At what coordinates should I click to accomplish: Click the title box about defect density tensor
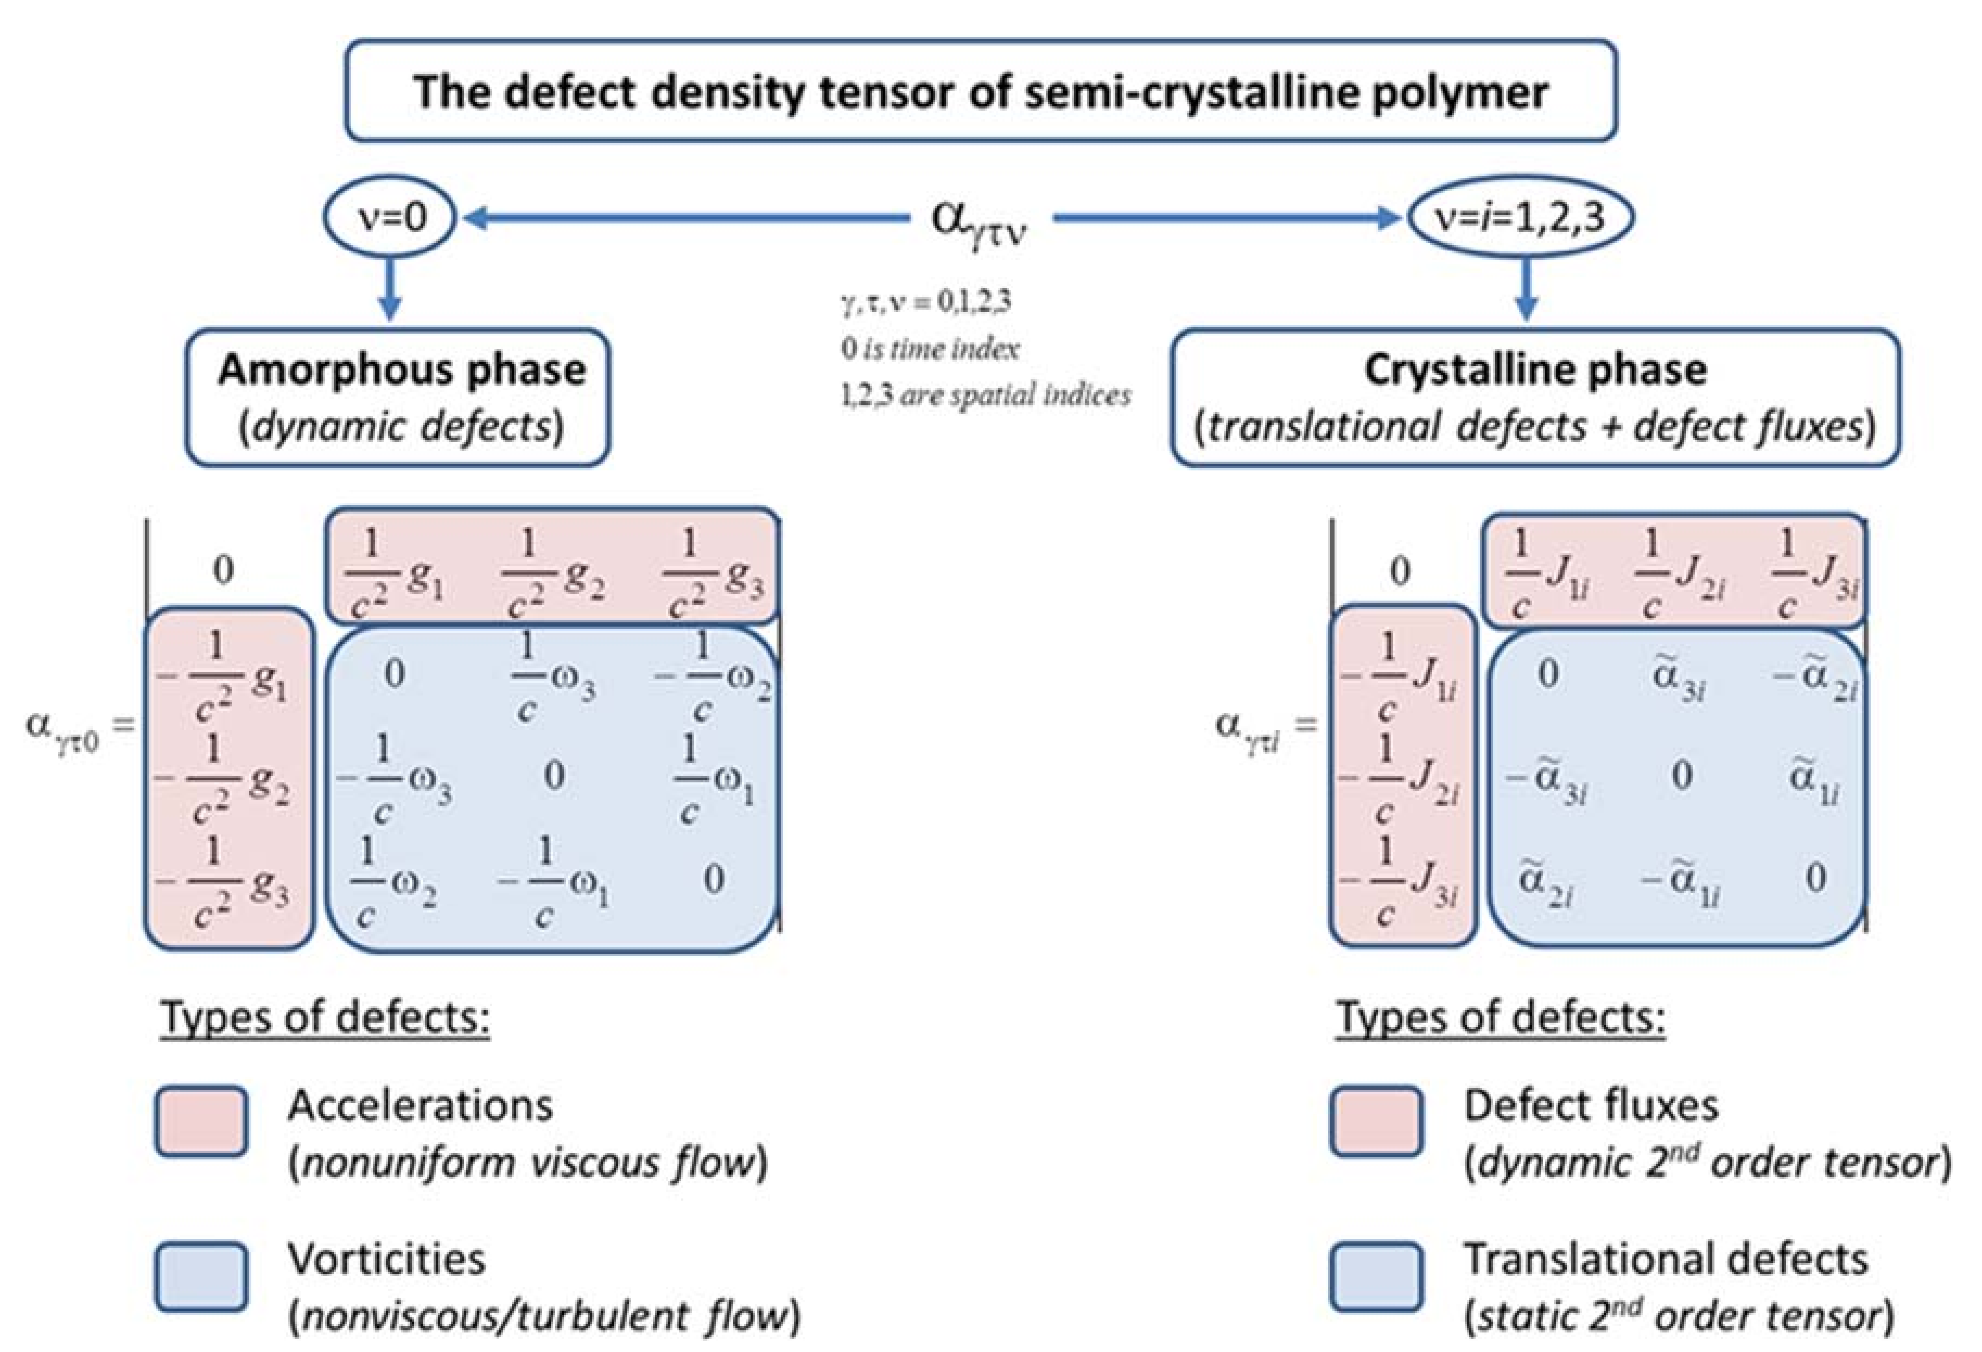[980, 91]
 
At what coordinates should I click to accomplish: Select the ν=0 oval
[389, 219]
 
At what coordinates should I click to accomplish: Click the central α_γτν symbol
[979, 222]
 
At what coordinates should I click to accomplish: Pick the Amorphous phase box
[398, 397]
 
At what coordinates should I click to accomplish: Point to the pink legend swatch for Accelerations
[201, 1121]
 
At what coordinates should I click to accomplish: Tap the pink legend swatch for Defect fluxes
[1376, 1121]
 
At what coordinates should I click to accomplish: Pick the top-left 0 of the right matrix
[1400, 571]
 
